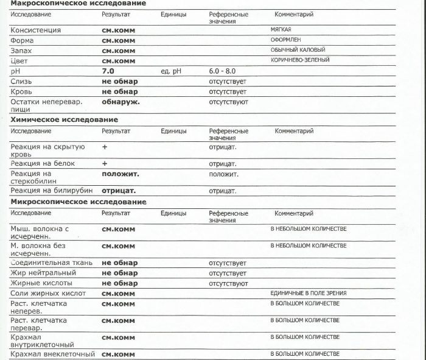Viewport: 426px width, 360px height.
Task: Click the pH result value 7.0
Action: (108, 71)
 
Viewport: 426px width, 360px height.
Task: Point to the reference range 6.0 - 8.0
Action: (222, 71)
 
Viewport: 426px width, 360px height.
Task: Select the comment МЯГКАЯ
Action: (281, 29)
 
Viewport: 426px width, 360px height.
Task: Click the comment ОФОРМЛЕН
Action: (285, 40)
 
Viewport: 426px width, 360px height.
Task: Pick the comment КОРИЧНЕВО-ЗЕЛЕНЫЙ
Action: (300, 60)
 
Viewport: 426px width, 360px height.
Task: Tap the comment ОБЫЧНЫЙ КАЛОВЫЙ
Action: (298, 50)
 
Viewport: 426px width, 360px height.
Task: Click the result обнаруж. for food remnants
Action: (120, 102)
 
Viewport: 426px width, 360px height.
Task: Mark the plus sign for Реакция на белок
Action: (105, 163)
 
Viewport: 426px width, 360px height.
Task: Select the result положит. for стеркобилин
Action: (120, 174)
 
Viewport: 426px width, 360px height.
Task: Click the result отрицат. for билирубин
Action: (119, 191)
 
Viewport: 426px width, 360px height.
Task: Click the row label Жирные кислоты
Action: (41, 283)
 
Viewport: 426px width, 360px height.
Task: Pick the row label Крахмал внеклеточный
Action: (53, 354)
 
